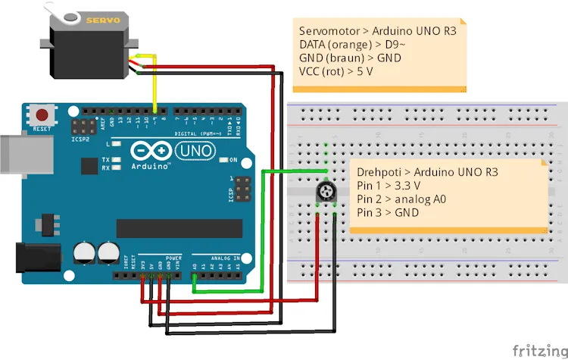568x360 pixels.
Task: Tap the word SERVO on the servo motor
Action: click(103, 20)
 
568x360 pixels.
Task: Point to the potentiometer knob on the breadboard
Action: click(327, 193)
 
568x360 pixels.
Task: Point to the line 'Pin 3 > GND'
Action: click(387, 213)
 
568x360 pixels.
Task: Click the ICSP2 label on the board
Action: click(80, 139)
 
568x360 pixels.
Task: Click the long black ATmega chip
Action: click(179, 228)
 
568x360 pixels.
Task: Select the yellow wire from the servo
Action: click(154, 83)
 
